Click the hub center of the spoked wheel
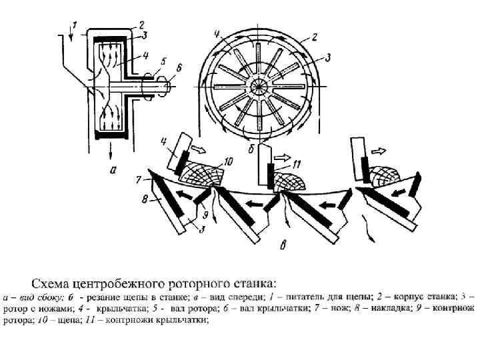click(258, 87)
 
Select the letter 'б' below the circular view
click(252, 148)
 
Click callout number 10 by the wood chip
click(229, 161)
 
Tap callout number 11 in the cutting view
click(297, 163)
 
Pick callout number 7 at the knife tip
click(139, 179)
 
